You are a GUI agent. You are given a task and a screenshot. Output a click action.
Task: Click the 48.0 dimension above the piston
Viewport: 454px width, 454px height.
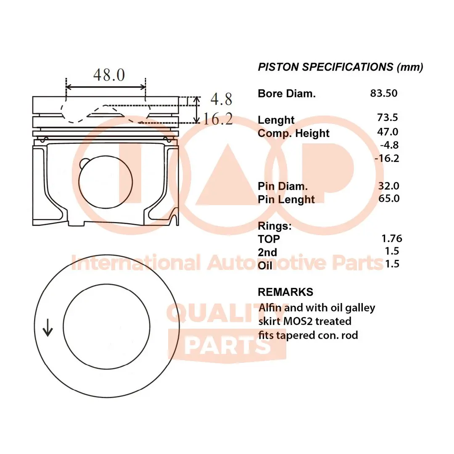pyautogui.click(x=108, y=75)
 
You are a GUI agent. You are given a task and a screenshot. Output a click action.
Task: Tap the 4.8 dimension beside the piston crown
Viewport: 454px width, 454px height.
pyautogui.click(x=221, y=99)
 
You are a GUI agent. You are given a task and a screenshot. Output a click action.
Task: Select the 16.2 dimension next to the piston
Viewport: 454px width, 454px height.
pyautogui.click(x=217, y=119)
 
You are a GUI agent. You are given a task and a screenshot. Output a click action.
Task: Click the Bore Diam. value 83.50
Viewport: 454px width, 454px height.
pyautogui.click(x=383, y=93)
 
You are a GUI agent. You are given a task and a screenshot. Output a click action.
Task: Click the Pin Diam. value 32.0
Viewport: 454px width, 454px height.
pyautogui.click(x=388, y=185)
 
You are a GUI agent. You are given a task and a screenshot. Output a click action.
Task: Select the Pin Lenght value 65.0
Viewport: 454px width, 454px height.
pyautogui.click(x=388, y=198)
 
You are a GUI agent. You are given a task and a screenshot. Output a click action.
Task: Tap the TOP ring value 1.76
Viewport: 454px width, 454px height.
pyautogui.click(x=391, y=238)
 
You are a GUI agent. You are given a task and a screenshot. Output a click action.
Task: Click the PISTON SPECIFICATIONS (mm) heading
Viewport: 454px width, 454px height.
pyautogui.click(x=340, y=67)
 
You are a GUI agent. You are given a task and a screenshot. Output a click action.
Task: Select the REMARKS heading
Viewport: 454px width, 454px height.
pyautogui.click(x=285, y=292)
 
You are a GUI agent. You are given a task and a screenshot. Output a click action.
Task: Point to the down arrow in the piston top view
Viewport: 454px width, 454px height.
pyautogui.click(x=48, y=327)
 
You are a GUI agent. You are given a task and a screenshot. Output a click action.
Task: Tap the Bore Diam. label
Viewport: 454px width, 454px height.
pyautogui.click(x=286, y=93)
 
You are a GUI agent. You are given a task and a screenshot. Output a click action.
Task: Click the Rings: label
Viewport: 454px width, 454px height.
pyautogui.click(x=274, y=226)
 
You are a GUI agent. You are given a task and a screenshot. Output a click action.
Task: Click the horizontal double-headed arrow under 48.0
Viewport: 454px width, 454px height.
pyautogui.click(x=106, y=87)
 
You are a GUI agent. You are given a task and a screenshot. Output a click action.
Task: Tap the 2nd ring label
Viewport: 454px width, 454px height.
pyautogui.click(x=267, y=252)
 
